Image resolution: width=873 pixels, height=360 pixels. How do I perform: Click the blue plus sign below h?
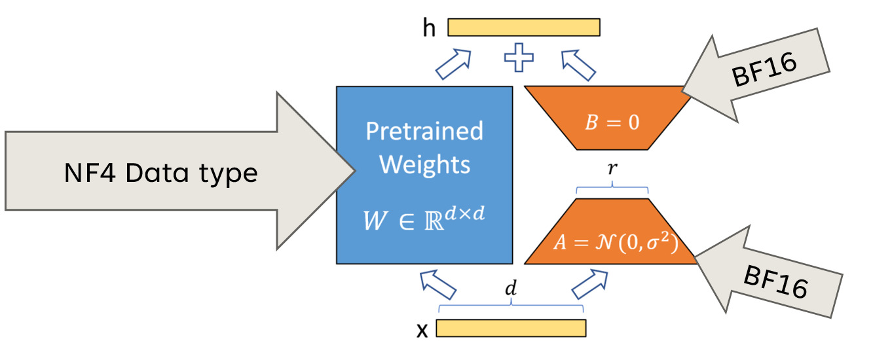(519, 58)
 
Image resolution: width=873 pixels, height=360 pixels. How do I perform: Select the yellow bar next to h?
(523, 27)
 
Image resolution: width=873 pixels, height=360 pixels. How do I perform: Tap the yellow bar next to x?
(510, 328)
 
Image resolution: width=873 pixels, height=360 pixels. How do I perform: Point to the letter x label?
(422, 330)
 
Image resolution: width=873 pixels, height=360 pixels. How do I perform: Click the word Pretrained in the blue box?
(424, 131)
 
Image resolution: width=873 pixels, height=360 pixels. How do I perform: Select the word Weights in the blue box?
(424, 164)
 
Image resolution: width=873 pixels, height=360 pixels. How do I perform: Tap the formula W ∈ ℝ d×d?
(424, 220)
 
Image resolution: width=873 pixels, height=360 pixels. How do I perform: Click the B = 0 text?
(611, 123)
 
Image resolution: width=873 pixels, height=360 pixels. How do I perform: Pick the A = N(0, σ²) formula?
(613, 243)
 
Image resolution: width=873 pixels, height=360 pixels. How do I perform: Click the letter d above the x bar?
(511, 288)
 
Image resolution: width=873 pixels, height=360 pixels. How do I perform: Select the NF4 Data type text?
(160, 173)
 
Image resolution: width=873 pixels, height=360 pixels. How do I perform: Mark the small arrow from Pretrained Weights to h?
(454, 63)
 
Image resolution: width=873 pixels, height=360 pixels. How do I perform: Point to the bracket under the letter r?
(612, 190)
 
